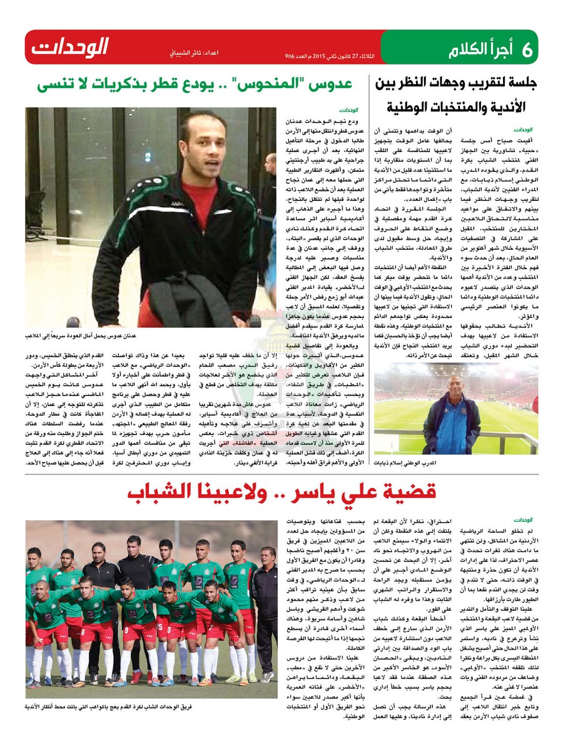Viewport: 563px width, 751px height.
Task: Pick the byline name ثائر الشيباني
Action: [x=185, y=54]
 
